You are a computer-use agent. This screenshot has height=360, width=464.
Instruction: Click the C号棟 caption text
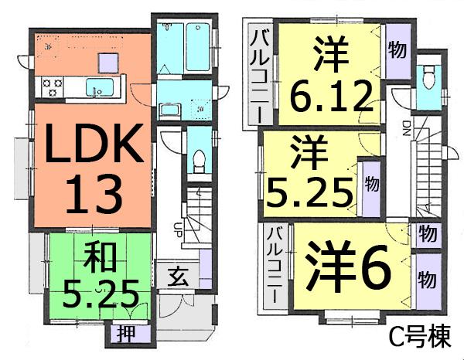coord(419,337)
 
